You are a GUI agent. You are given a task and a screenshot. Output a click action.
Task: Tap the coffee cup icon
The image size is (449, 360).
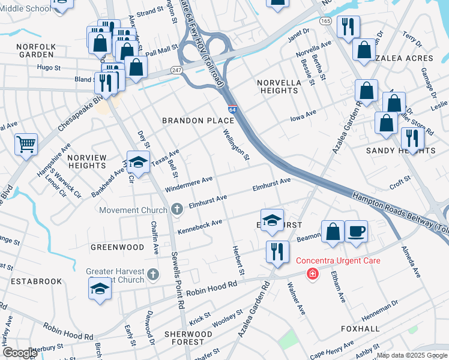(356, 231)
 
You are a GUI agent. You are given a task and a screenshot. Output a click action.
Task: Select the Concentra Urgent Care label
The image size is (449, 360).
(338, 261)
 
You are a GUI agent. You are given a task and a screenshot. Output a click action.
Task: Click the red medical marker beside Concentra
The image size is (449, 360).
(312, 274)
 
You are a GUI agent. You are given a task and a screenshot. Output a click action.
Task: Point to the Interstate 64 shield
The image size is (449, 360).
(232, 110)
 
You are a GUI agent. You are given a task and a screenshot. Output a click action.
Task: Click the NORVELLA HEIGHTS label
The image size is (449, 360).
(277, 86)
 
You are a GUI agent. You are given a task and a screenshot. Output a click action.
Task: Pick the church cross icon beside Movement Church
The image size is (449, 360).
(176, 209)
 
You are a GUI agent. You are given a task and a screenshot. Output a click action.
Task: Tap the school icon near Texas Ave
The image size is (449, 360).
(138, 163)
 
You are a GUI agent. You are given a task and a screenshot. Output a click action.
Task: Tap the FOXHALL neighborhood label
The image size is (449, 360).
(360, 329)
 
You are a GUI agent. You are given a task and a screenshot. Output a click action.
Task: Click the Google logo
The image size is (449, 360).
(20, 353)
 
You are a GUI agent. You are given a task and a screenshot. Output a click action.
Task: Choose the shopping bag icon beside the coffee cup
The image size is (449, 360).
(333, 231)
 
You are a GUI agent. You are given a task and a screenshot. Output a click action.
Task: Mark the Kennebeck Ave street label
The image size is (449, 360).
(199, 226)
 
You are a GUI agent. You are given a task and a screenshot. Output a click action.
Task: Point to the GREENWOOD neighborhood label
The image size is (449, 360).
(117, 247)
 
